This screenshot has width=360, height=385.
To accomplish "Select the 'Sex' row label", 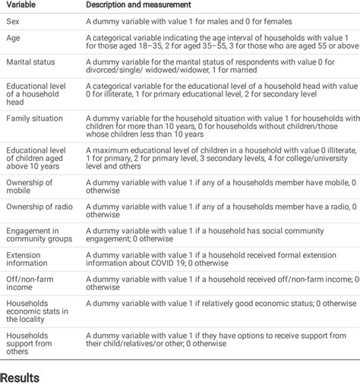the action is (14, 22).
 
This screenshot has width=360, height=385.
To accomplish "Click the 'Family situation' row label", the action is (35, 119).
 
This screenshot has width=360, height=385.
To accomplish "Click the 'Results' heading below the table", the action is (21, 377).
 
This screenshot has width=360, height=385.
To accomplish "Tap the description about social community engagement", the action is (213, 234).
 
